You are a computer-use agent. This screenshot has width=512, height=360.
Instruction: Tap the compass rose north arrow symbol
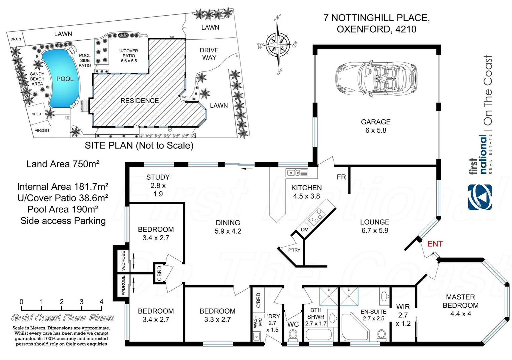tap(278, 44)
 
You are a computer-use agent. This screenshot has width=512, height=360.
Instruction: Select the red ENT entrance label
tap(435, 244)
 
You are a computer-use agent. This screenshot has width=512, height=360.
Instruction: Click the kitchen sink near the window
tap(297, 173)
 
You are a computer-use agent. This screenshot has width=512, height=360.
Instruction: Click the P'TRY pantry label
tap(294, 250)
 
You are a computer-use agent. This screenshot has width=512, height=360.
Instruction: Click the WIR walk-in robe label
tap(403, 307)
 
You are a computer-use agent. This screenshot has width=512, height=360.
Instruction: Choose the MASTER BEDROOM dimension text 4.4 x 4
tap(460, 314)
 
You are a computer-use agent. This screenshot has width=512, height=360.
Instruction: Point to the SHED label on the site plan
tap(36, 114)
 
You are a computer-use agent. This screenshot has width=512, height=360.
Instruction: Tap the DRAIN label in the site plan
tap(16, 39)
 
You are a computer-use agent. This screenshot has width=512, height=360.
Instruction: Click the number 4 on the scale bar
tap(101, 302)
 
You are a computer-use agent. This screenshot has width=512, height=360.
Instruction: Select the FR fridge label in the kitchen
tap(341, 177)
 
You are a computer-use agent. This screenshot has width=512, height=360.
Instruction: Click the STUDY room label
tap(158, 177)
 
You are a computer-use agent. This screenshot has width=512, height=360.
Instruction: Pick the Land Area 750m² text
tap(63, 164)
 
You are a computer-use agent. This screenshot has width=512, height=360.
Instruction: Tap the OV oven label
tap(304, 230)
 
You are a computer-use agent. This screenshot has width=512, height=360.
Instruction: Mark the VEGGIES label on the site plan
tap(42, 131)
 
